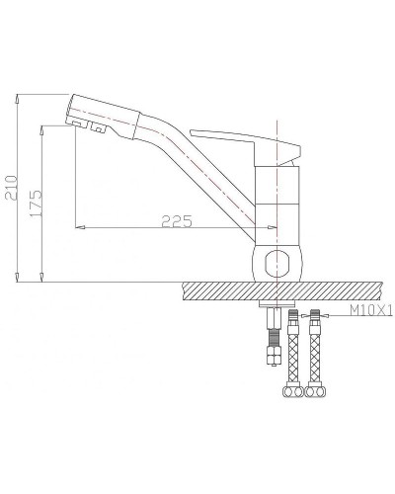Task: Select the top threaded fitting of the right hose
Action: [315, 319]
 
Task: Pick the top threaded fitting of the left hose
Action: [293, 319]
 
